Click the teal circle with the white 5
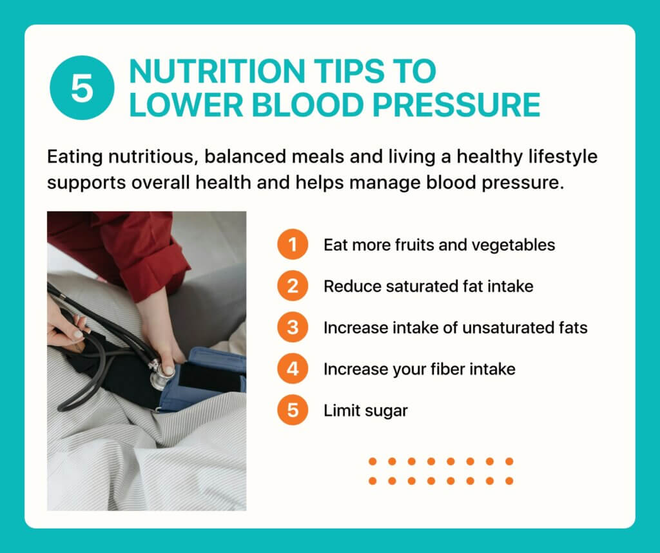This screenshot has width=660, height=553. click(82, 88)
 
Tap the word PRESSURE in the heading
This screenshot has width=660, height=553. click(456, 105)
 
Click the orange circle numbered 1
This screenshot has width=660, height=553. click(293, 244)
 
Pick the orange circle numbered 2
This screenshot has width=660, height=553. click(293, 286)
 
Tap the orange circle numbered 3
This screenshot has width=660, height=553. click(293, 327)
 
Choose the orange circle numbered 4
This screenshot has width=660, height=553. click(293, 369)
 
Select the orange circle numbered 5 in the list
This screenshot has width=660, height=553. click(293, 410)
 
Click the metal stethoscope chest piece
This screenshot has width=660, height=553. click(160, 374)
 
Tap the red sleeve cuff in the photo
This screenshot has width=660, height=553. click(156, 278)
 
